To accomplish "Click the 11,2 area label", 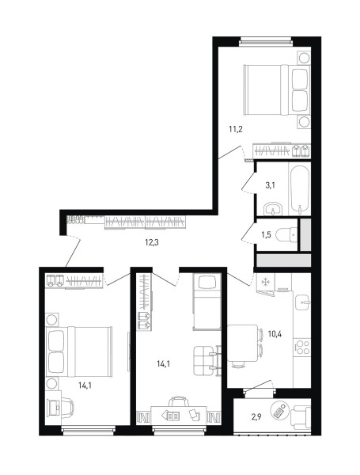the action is click(236, 130).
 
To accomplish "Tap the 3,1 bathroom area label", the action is click(270, 185).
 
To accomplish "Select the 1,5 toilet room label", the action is click(267, 234).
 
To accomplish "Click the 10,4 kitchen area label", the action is click(275, 334).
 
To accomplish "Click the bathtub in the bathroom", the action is click(300, 191).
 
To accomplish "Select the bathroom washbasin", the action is click(273, 209).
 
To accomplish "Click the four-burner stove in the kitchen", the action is click(303, 348).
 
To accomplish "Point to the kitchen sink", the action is click(303, 302).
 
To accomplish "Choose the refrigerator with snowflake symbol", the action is click(265, 282).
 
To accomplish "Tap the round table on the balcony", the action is click(280, 410).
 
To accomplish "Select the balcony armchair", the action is click(301, 417).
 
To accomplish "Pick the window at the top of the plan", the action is click(267, 42).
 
